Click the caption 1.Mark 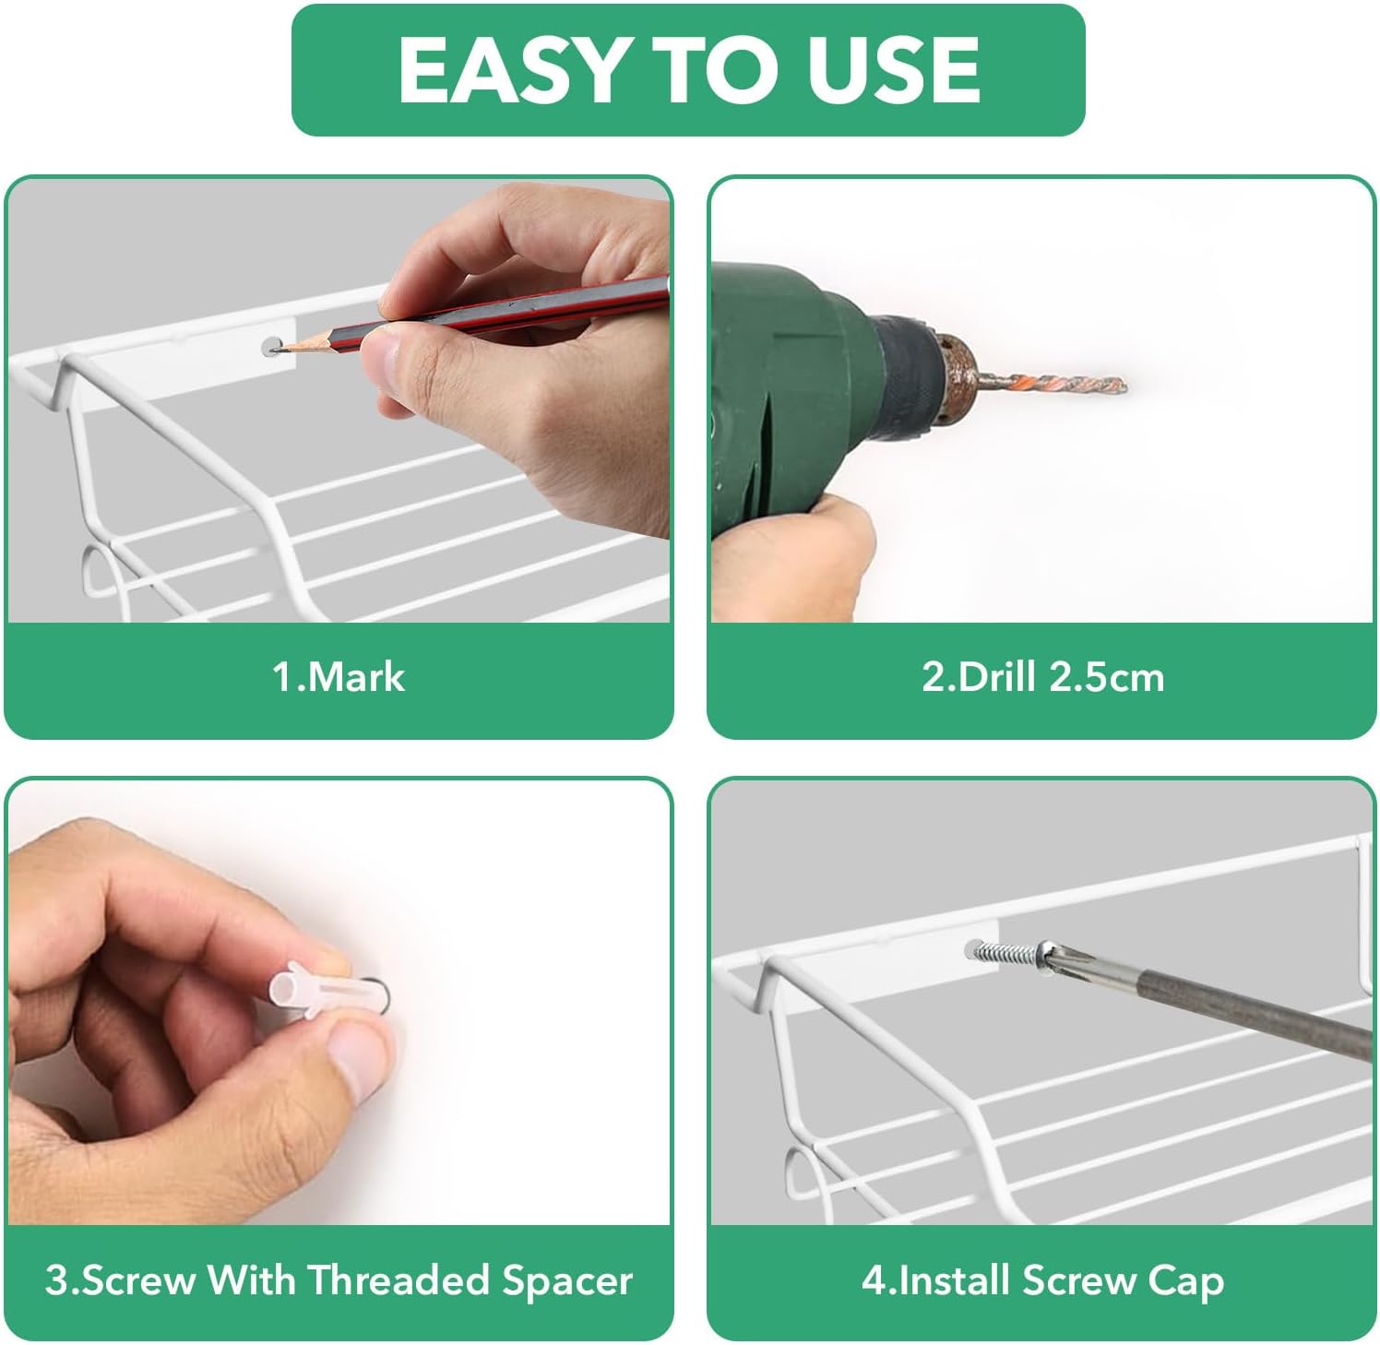[x=339, y=677]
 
